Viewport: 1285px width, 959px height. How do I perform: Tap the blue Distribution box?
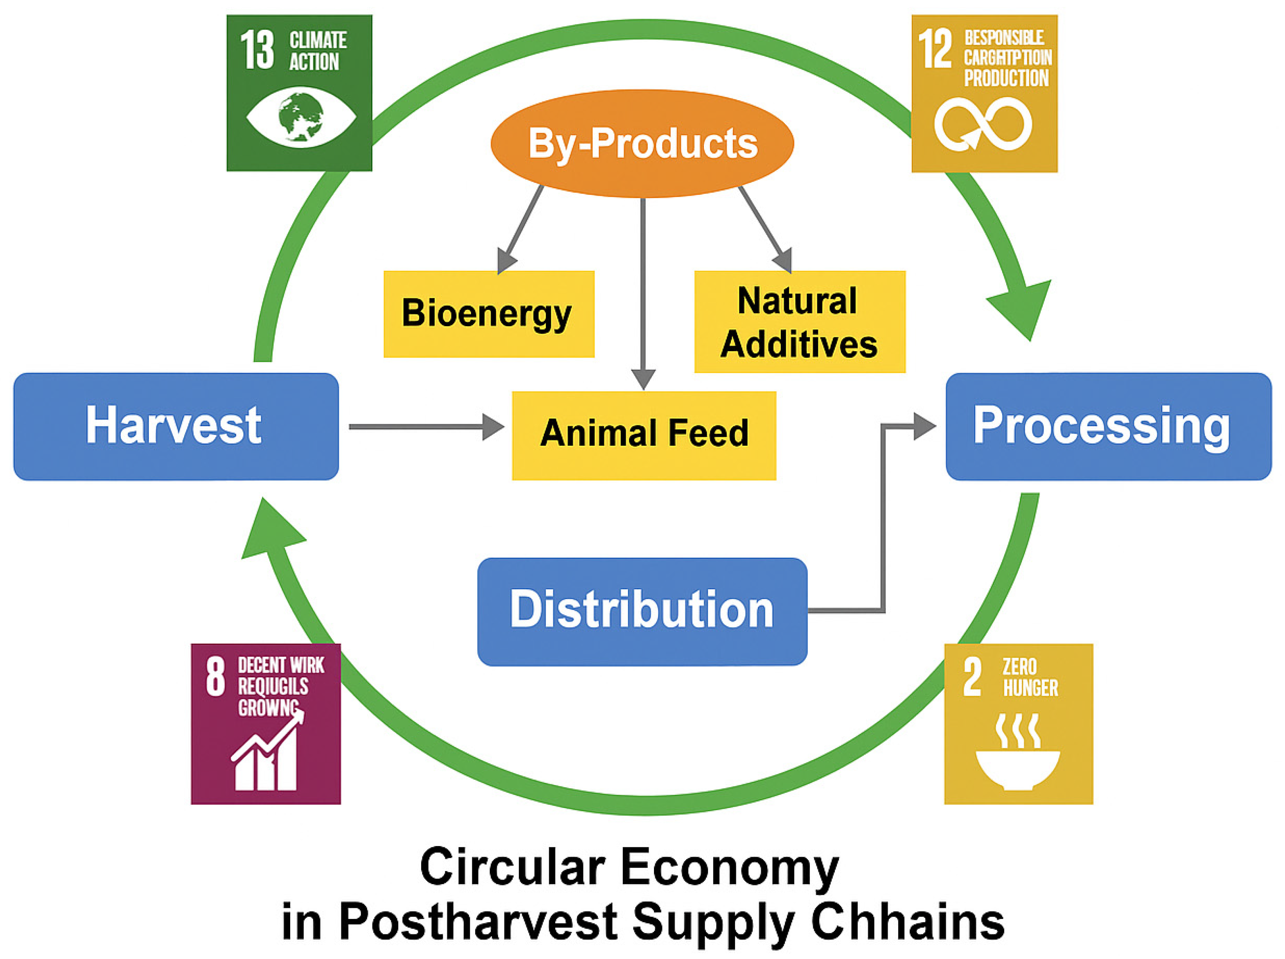pos(642,611)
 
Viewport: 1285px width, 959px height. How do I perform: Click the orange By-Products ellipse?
pos(642,143)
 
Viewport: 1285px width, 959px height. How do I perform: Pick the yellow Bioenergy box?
pos(488,314)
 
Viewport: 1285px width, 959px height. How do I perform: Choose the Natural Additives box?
pos(799,322)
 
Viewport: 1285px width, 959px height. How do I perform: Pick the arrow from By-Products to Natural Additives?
pos(765,229)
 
